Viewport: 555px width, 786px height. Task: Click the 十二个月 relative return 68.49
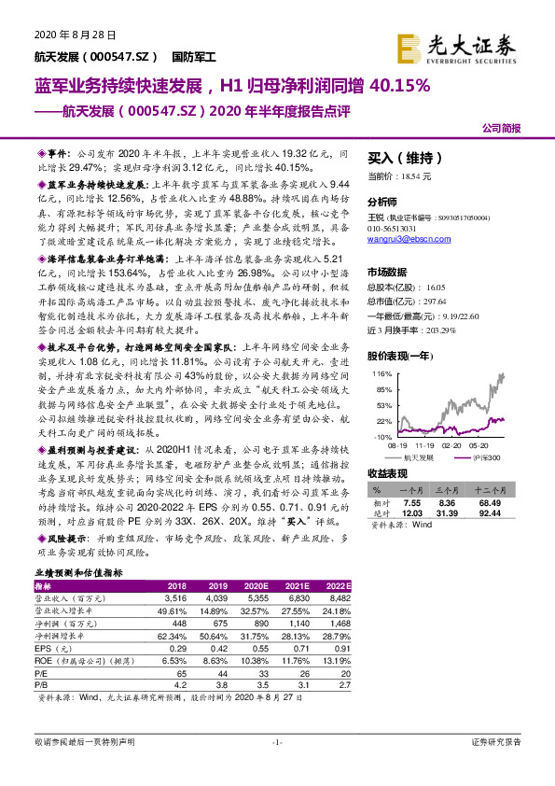[x=506, y=503]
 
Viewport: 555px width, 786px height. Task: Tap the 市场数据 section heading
[x=390, y=270]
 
